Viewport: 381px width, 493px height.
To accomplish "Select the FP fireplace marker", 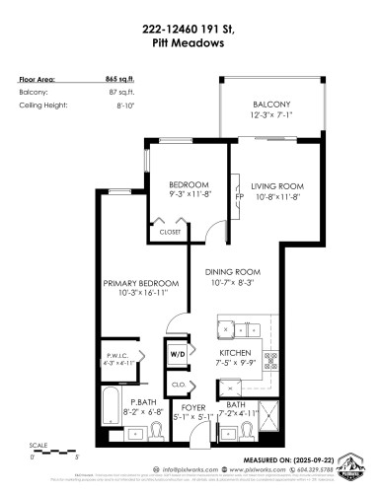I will (x=238, y=194).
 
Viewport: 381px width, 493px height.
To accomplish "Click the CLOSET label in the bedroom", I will (x=169, y=233).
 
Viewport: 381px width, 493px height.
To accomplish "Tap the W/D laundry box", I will (x=178, y=352).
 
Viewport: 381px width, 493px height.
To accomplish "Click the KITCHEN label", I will (x=235, y=352).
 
